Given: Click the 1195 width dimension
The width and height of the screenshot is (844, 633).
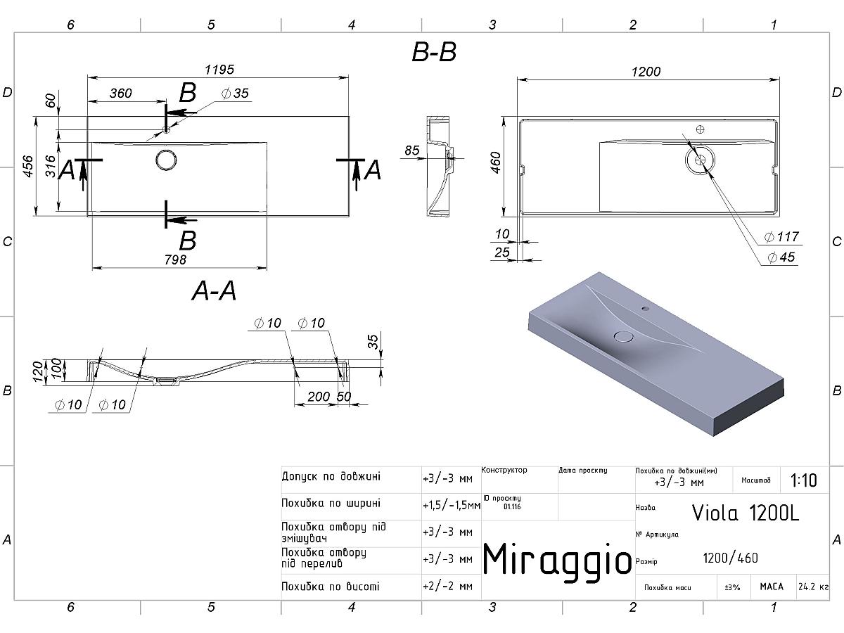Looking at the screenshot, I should pos(219,70).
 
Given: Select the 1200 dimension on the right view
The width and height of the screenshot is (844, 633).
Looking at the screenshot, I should pos(646,72).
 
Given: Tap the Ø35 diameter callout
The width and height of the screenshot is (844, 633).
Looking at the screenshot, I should pos(235,94).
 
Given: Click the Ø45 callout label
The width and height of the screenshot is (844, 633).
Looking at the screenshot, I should pos(781,257).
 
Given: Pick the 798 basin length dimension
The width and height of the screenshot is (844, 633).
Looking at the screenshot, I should pos(175,260).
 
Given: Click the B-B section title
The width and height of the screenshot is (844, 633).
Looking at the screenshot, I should pos(434,53).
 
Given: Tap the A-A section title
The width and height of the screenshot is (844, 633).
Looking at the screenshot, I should pos(214,290).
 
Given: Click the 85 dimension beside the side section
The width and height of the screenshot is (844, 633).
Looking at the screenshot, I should pos(412,151).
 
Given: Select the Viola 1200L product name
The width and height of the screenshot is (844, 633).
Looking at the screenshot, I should pos(746,513).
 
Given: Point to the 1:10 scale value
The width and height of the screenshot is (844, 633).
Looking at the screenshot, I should pos(803,480).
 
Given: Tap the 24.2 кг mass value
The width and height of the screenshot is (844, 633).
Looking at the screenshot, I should pos(813,587).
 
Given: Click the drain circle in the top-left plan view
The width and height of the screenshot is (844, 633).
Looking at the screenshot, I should pos(167,160).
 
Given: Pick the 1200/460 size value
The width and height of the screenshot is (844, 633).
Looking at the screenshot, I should pos(730,558).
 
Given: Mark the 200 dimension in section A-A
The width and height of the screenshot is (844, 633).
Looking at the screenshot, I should pos(319,396).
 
